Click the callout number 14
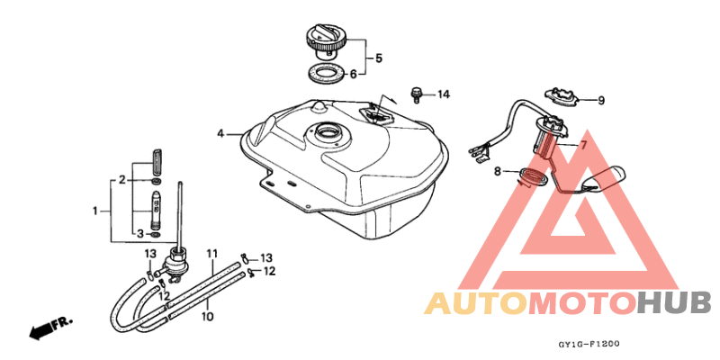tap(443, 95)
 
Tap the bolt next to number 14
tap(417, 94)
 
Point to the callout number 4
tap(220, 134)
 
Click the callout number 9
tap(600, 101)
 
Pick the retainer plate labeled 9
tap(561, 95)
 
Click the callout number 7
tap(582, 146)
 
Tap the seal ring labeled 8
tap(532, 177)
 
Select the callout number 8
tap(498, 172)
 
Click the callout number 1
tap(95, 211)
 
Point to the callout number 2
tap(122, 180)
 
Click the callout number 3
tap(140, 234)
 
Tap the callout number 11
tap(211, 254)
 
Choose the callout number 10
tap(207, 317)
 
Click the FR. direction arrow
tap(50, 328)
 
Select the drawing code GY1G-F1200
tap(589, 344)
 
